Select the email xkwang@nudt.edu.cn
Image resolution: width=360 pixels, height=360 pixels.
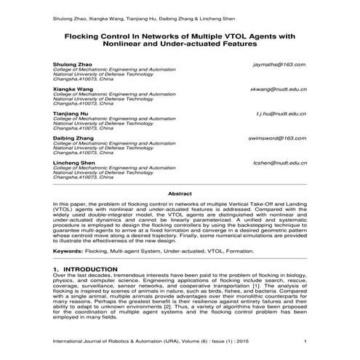[x=278, y=89]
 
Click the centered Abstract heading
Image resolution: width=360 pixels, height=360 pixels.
[x=180, y=194]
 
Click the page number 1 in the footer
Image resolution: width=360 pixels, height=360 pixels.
[x=305, y=341]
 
